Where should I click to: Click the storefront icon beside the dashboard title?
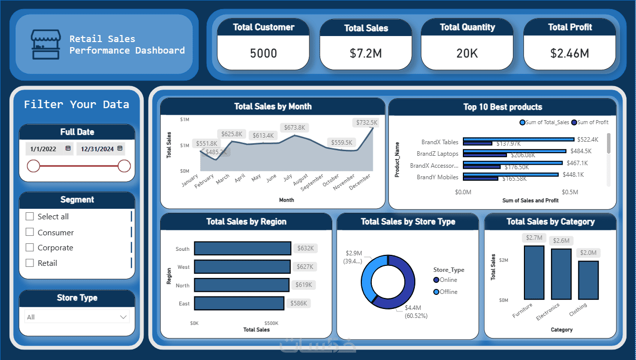pos(46,45)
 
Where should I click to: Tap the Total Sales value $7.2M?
pos(366,53)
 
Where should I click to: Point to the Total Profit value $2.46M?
pos(569,53)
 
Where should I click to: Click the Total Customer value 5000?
pos(263,53)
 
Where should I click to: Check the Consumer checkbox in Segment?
pos(30,232)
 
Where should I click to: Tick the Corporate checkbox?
pos(30,247)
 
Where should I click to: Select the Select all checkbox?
pos(30,216)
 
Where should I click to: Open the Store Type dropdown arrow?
pos(123,317)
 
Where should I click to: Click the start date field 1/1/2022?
pos(45,149)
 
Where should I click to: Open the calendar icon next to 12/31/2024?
pos(120,149)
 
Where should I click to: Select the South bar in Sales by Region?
pos(242,248)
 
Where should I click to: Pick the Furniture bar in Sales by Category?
pos(534,272)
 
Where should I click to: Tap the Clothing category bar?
pos(588,280)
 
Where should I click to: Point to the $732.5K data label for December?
pos(367,122)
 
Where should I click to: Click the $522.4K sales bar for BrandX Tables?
pos(518,139)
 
